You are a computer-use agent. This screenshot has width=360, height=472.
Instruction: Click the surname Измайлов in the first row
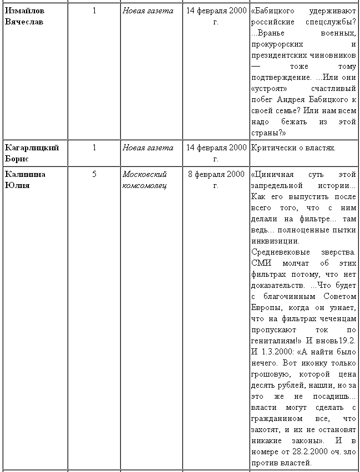click(26, 11)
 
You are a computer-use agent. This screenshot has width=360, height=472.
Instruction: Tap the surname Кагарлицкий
click(32, 148)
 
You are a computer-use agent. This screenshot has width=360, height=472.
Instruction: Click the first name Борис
click(16, 159)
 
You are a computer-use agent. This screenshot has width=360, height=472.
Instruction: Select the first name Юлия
click(17, 185)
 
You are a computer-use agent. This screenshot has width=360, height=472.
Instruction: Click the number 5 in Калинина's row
click(94, 174)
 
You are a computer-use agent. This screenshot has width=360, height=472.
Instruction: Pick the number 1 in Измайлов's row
click(94, 11)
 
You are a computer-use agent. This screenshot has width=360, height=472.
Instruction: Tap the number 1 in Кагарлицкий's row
click(94, 148)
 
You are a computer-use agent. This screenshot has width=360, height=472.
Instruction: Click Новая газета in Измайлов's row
click(148, 11)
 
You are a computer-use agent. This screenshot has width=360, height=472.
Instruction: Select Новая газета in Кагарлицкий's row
click(148, 148)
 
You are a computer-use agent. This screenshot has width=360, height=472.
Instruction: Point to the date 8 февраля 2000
click(216, 174)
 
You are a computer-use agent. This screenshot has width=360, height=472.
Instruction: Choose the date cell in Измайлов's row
click(216, 16)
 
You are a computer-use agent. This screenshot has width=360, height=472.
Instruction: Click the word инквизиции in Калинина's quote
click(275, 241)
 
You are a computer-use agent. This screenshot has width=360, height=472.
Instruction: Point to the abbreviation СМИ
click(260, 263)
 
